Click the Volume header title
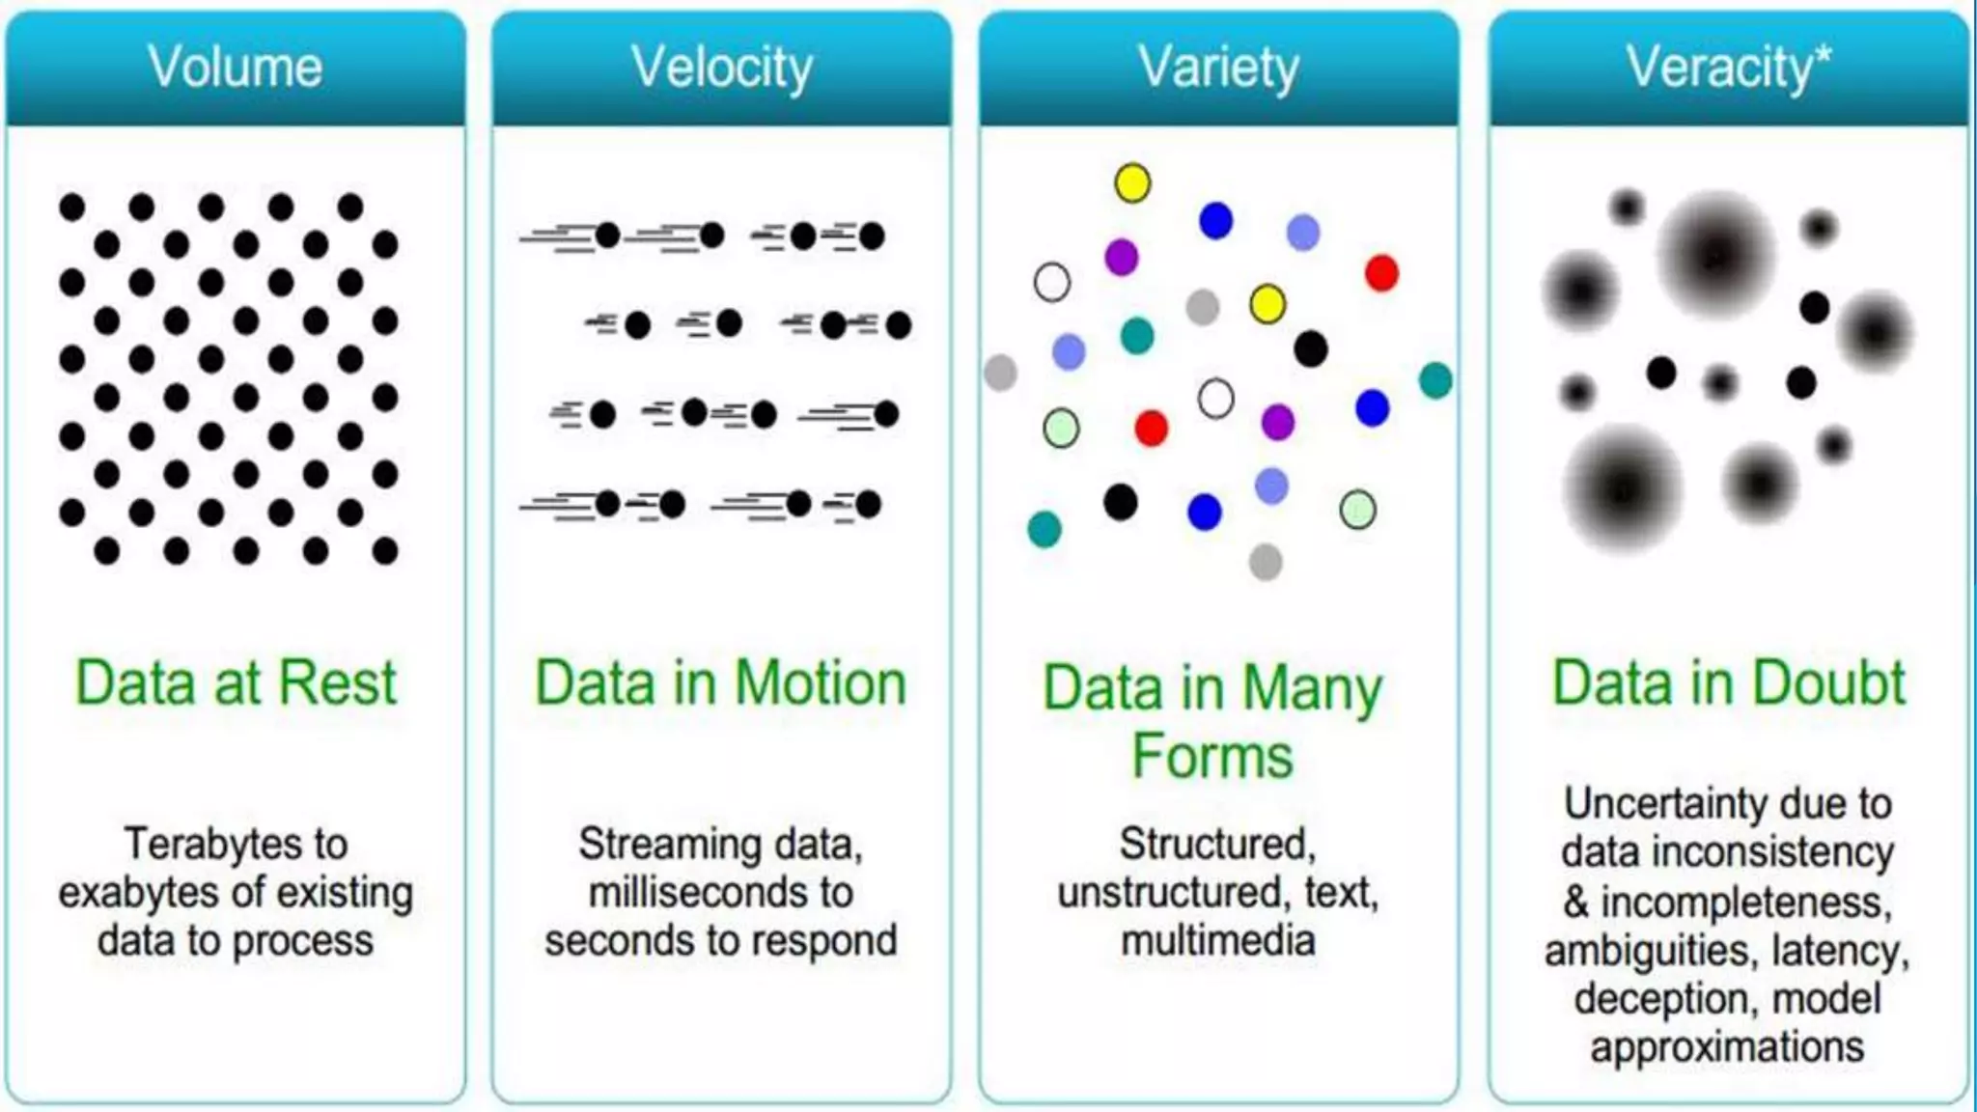pos(235,68)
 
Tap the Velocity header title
pos(721,68)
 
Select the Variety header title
pos(1218,68)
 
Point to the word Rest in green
pos(338,683)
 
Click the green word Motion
pos(821,683)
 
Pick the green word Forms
pos(1212,756)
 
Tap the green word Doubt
pos(1829,683)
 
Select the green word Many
pos(1313,689)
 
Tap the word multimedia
pos(1218,941)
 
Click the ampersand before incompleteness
pos(1575,903)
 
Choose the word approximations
pos(1727,1047)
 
